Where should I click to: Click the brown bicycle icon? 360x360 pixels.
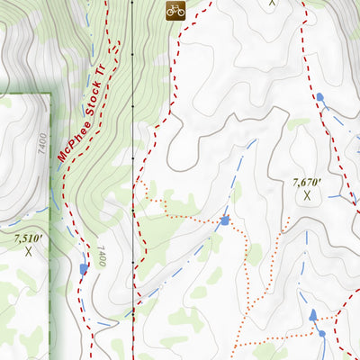click(175, 10)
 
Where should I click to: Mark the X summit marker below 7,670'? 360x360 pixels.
click(307, 194)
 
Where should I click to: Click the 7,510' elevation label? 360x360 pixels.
click(28, 239)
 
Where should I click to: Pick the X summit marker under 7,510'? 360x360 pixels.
click(28, 252)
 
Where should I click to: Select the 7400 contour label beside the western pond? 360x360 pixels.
click(102, 257)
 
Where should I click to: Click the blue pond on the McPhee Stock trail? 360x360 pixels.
click(84, 268)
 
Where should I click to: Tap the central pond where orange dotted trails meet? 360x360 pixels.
click(224, 220)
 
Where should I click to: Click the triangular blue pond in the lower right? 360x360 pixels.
click(313, 315)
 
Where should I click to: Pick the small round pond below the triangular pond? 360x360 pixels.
click(321, 334)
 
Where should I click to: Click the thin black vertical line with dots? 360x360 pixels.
click(132, 135)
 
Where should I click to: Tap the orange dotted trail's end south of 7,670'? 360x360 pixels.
click(287, 220)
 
